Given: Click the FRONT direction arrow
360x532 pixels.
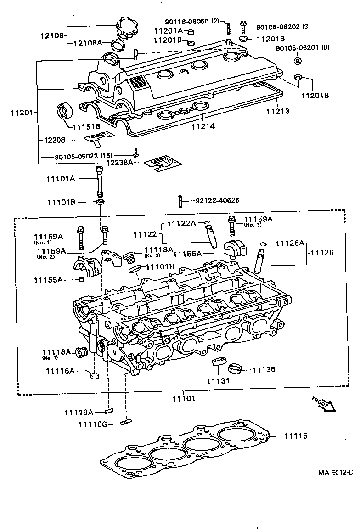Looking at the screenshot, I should pyautogui.click(x=324, y=404).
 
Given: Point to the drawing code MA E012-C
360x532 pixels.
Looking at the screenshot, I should pyautogui.click(x=336, y=472).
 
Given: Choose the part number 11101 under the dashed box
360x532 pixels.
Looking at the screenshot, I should pyautogui.click(x=183, y=398).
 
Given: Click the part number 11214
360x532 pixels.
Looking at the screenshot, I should pyautogui.click(x=203, y=125).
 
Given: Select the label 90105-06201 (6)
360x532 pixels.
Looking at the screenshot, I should pyautogui.click(x=302, y=48).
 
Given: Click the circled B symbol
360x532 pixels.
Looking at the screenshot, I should pyautogui.click(x=298, y=61).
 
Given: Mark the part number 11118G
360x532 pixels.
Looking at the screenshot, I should pyautogui.click(x=93, y=424).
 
